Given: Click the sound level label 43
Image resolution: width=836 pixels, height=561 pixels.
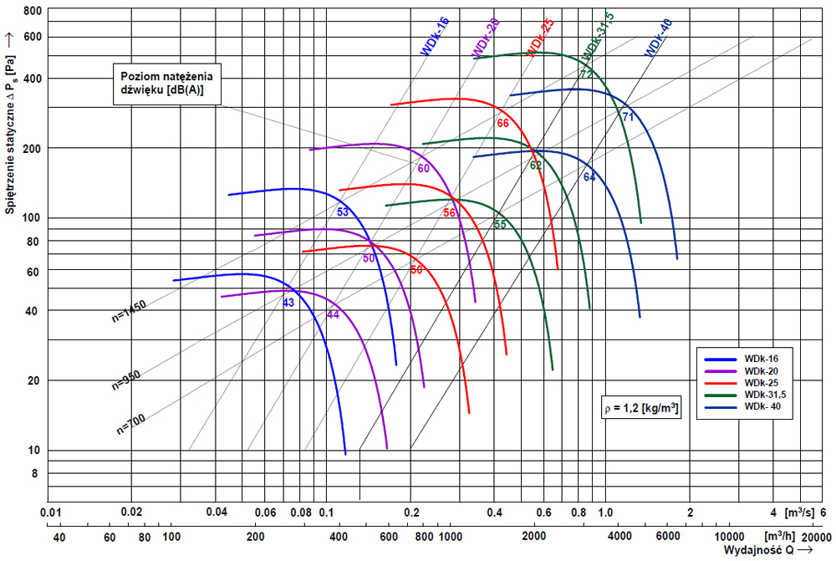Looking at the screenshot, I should (x=288, y=303).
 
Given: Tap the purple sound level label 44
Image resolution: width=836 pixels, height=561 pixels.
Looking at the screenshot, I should (x=333, y=314).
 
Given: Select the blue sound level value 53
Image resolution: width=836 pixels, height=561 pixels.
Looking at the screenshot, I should (x=343, y=212).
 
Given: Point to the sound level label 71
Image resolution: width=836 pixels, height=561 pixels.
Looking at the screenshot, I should (x=628, y=116).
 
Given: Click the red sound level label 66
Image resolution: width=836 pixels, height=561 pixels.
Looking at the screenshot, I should (x=502, y=124).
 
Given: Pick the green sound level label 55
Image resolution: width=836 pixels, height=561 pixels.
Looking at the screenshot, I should (x=500, y=224).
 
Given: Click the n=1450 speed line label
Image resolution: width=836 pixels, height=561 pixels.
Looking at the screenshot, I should (x=129, y=311).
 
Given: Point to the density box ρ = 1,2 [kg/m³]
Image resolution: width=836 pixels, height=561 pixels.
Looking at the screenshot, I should (x=640, y=410).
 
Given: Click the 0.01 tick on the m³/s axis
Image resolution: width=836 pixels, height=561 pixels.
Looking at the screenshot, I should (x=51, y=512).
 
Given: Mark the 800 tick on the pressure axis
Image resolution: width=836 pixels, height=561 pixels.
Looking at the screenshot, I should (x=32, y=12).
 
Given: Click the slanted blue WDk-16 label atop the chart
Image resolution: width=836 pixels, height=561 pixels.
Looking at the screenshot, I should (x=435, y=36).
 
